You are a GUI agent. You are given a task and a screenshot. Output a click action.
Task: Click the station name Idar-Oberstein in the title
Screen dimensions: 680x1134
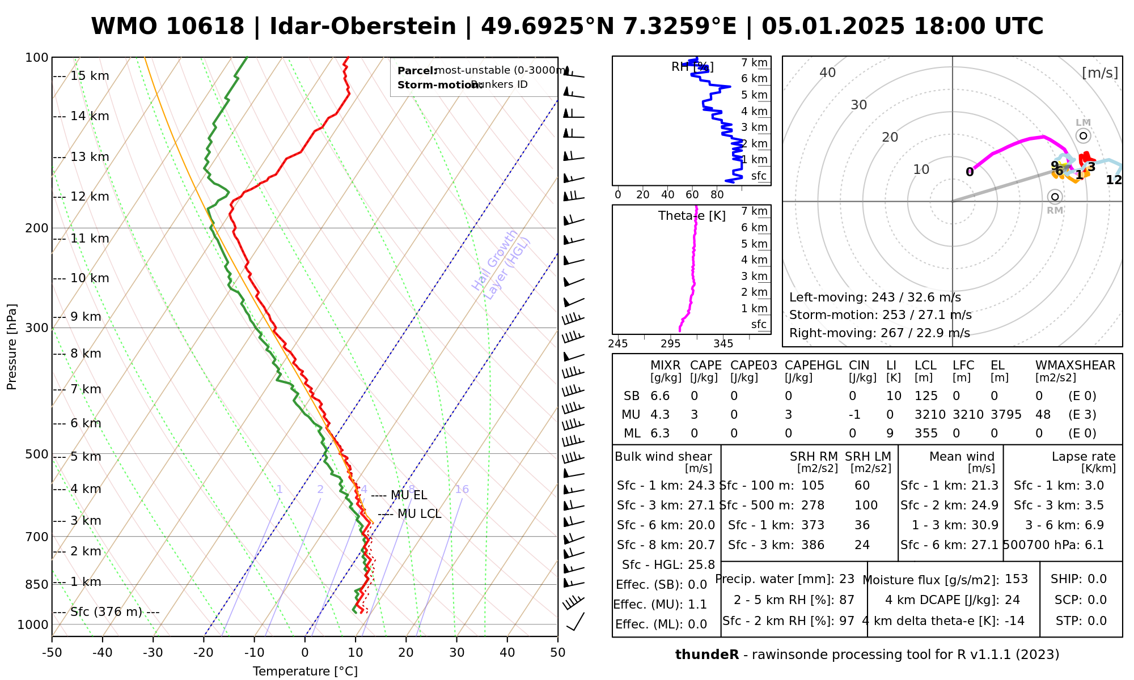(362, 27)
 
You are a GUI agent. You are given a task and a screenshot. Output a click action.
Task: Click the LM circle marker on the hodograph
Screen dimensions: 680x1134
(1083, 135)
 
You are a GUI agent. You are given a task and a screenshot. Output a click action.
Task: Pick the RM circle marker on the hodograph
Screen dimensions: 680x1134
(1055, 197)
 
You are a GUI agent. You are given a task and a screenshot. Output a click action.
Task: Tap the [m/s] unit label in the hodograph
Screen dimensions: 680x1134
(1100, 73)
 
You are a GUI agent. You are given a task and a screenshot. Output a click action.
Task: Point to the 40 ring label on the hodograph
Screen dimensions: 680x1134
(828, 73)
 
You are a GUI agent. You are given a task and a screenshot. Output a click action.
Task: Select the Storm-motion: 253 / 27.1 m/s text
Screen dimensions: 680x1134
(880, 315)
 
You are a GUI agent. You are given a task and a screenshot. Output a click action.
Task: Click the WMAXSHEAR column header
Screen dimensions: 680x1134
(1075, 365)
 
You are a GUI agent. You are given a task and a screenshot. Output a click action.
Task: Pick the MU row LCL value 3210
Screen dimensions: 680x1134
(930, 415)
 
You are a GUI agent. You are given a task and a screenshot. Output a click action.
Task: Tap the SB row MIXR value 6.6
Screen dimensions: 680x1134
(660, 396)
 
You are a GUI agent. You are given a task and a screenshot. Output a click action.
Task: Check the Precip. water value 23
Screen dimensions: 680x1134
(847, 579)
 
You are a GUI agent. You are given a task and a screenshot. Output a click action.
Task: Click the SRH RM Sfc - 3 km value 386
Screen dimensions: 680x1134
(813, 545)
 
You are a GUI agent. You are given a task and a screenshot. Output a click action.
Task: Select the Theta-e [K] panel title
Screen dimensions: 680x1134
(692, 216)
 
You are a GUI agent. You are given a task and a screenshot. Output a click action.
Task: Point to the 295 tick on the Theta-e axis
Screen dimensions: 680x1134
(670, 343)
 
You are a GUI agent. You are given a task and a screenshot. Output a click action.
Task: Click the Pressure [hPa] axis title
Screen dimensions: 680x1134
(12, 347)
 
